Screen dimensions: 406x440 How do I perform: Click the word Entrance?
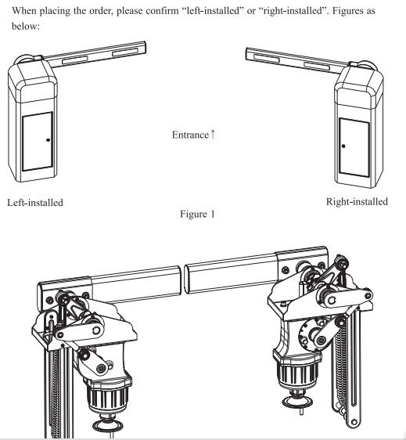pos(190,135)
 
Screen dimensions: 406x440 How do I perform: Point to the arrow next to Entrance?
pos(213,135)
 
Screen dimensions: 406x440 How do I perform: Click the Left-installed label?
pos(35,203)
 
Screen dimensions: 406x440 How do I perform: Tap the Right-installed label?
pos(357,202)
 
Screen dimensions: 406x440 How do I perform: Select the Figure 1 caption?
pos(197,214)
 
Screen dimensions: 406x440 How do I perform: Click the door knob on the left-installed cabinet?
pos(48,139)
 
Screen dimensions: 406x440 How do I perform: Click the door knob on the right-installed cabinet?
pos(343,146)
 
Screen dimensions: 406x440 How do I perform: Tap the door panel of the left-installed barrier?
pos(38,141)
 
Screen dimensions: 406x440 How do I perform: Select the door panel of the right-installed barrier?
pos(354,147)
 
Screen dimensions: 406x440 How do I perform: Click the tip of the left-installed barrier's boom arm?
pos(146,47)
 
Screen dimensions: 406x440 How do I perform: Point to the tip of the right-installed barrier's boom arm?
pos(246,54)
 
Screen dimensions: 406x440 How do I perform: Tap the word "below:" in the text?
pos(26,26)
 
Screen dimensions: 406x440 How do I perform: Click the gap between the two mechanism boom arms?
pos(182,280)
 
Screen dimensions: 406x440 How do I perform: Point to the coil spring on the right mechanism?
pos(340,368)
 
